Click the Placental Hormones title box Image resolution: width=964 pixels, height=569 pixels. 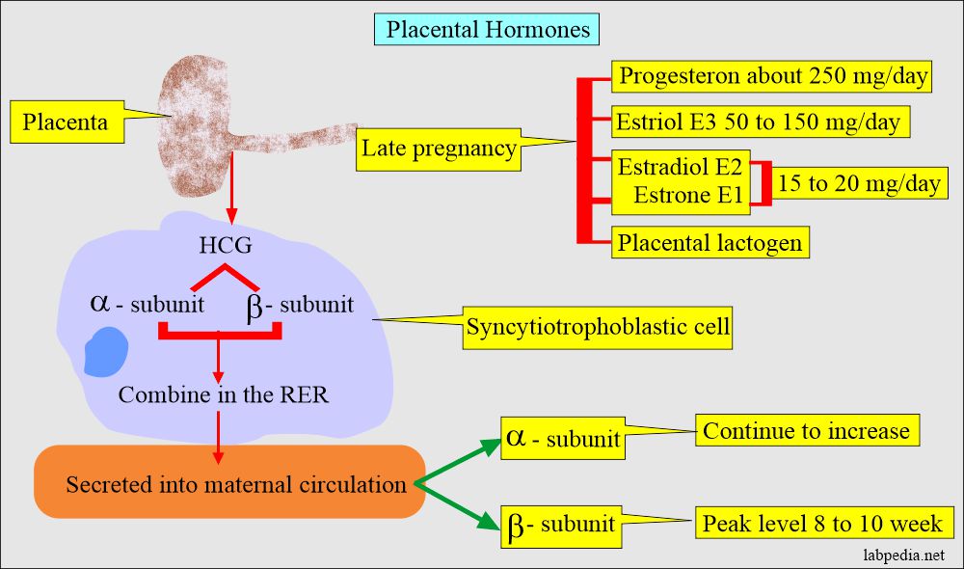489,29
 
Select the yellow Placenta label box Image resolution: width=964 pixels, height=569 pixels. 66,122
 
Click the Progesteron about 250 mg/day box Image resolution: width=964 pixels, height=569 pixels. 772,76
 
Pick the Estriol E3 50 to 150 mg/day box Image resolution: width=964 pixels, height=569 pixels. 760,122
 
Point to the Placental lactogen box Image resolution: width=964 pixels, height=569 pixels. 710,242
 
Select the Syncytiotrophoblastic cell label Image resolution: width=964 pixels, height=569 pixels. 597,328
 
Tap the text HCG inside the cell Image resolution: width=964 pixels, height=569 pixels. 227,244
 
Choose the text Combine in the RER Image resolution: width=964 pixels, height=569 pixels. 223,394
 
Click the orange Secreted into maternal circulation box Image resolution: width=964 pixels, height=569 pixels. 229,484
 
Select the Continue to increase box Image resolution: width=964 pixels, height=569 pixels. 806,430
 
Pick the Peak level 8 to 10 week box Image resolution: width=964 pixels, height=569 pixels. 822,525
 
